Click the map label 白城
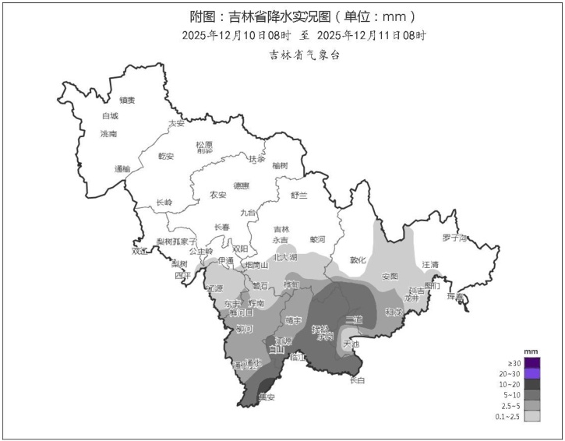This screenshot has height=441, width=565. point(110,116)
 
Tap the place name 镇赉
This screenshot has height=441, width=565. point(127,100)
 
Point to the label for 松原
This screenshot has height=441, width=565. point(204,145)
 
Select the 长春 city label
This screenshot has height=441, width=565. point(222,227)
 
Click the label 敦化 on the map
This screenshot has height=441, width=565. point(358,260)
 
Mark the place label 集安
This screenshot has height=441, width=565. point(267,397)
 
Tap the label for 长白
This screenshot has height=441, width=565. point(357,380)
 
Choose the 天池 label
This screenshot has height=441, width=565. point(351,344)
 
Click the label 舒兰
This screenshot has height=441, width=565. point(299,195)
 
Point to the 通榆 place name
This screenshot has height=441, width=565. point(122,168)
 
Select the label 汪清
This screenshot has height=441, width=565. point(431,265)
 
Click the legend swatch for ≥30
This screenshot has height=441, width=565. point(532,363)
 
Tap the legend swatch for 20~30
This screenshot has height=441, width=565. point(532,374)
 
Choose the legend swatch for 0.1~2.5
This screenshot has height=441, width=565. point(532,417)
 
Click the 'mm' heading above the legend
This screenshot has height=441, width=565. point(531,352)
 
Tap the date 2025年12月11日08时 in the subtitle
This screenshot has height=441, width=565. point(373,36)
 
